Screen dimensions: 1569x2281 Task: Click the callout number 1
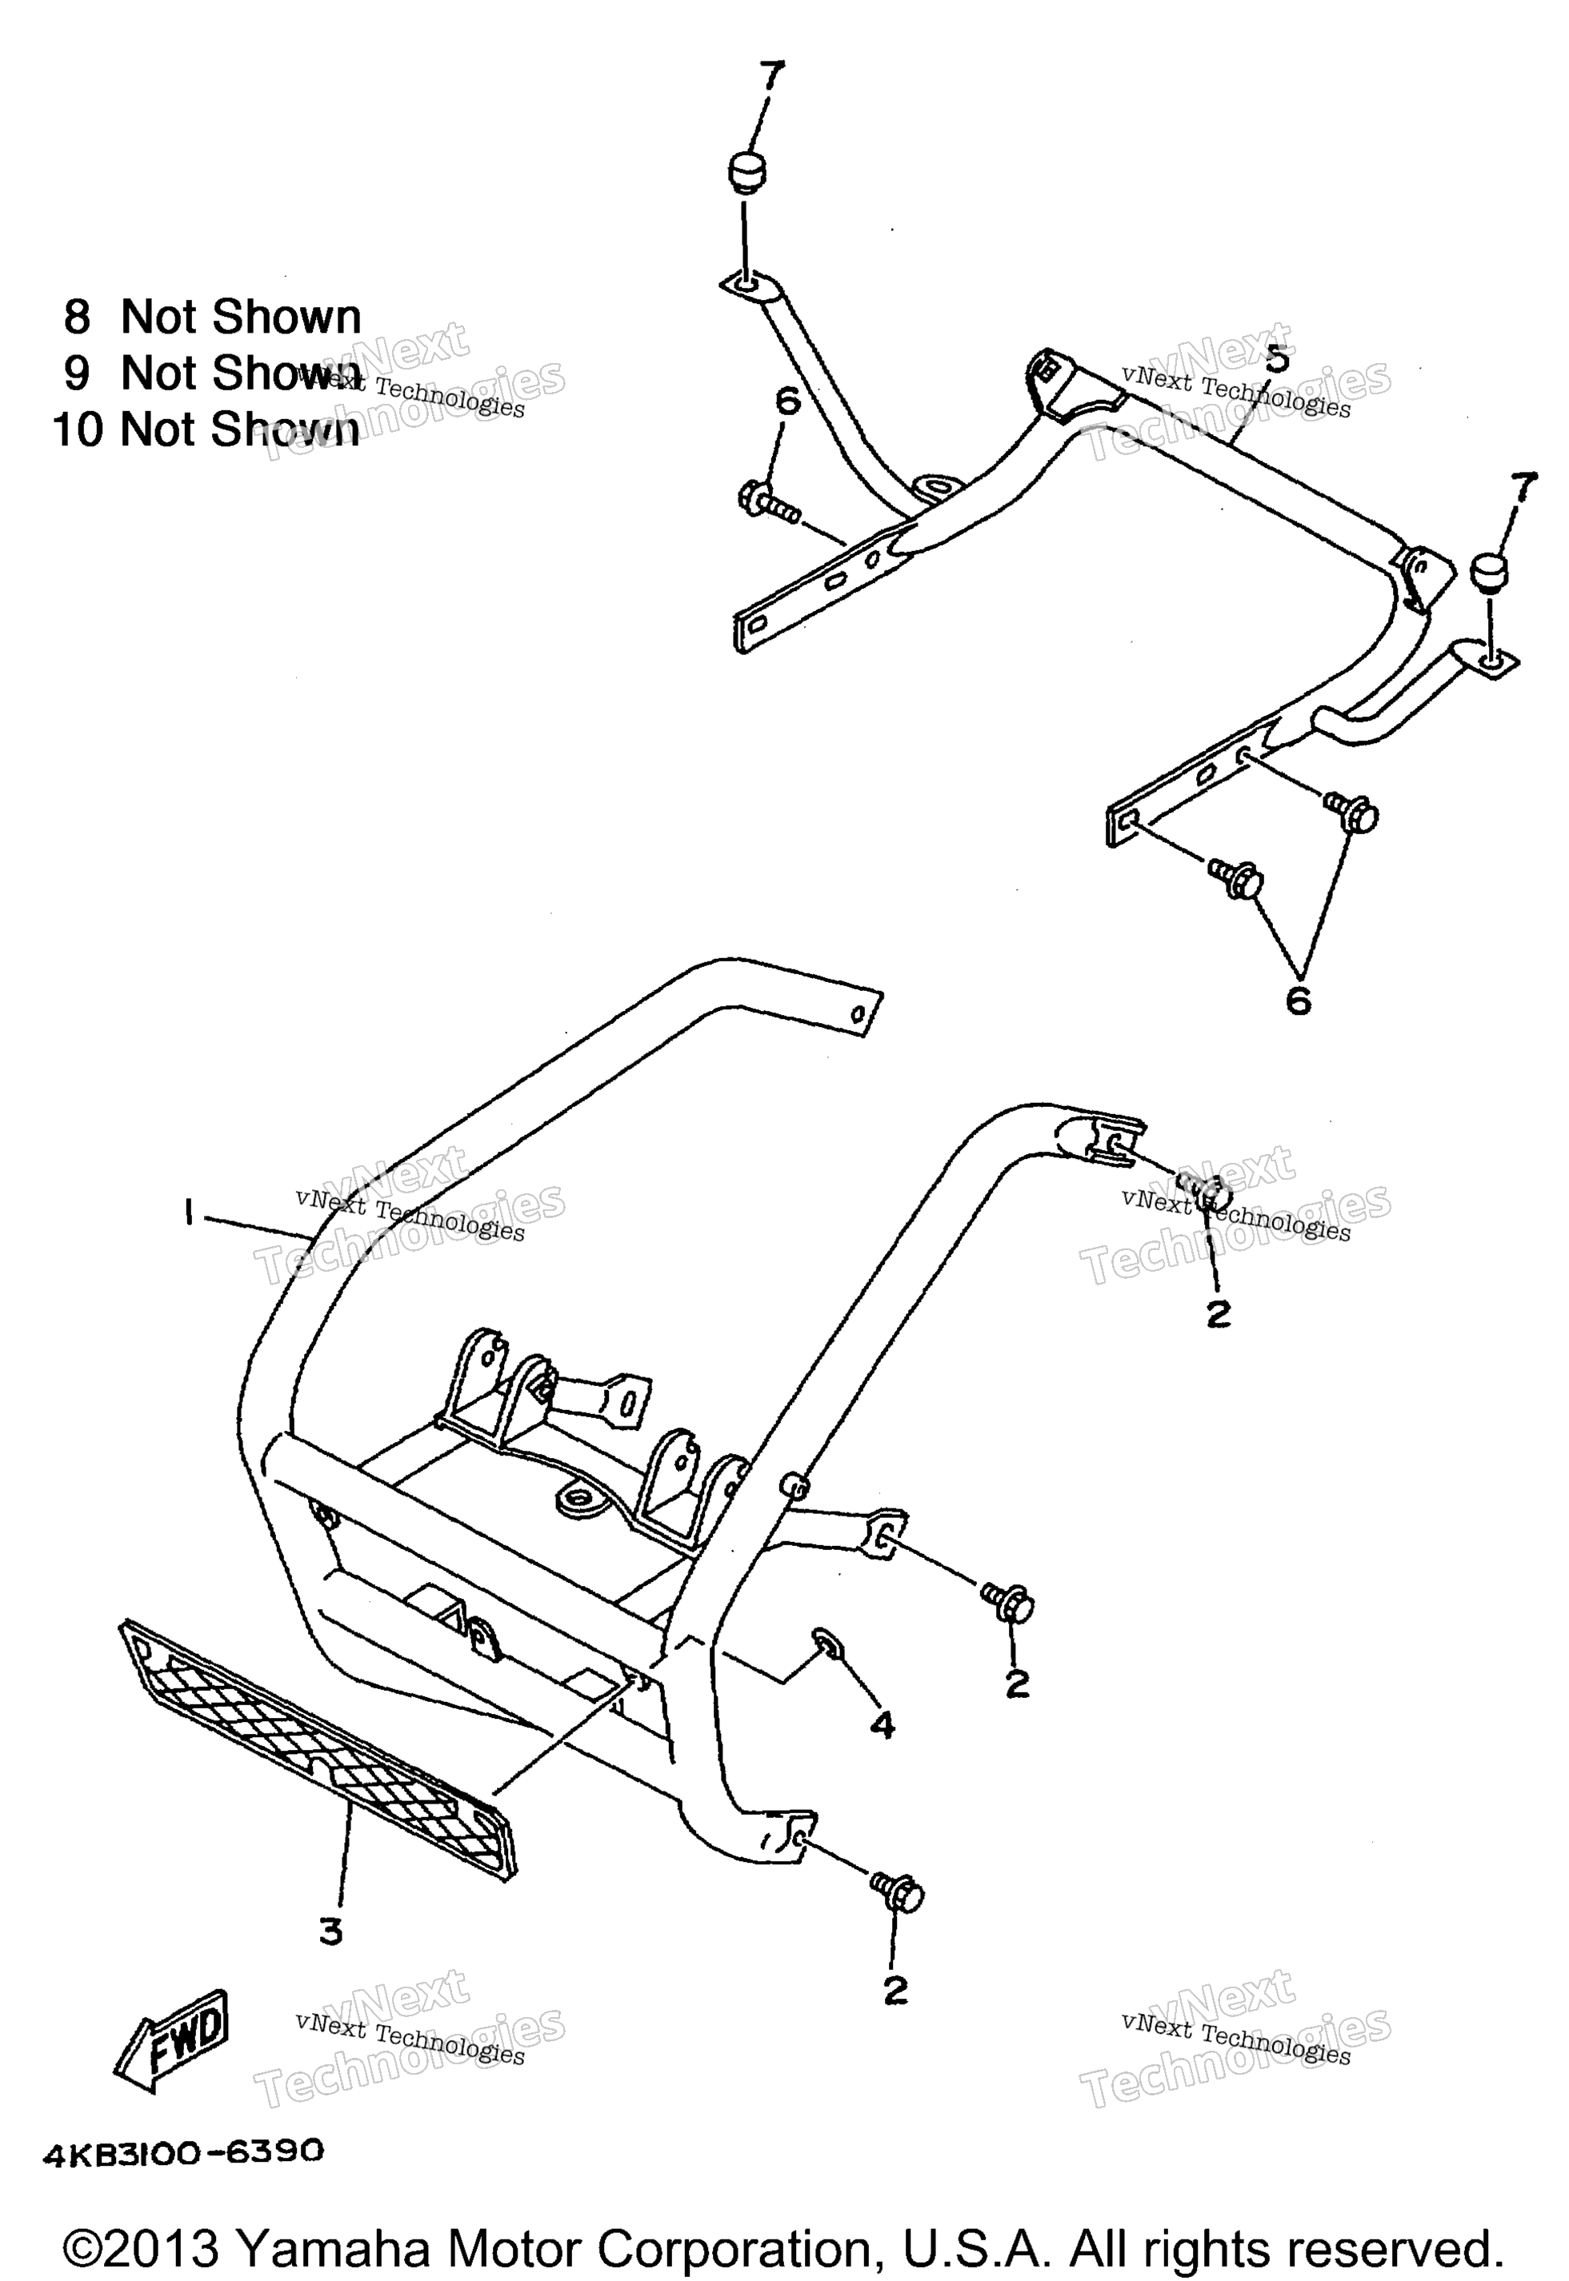[x=186, y=1216]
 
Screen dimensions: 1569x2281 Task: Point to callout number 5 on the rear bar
[x=1276, y=359]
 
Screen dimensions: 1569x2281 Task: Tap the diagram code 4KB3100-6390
[x=183, y=2151]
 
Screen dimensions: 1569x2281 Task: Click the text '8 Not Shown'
[x=212, y=317]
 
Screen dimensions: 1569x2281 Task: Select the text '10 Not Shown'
[x=206, y=429]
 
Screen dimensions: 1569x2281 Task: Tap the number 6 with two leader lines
[x=1298, y=1001]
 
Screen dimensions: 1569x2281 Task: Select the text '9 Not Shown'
[x=212, y=373]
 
